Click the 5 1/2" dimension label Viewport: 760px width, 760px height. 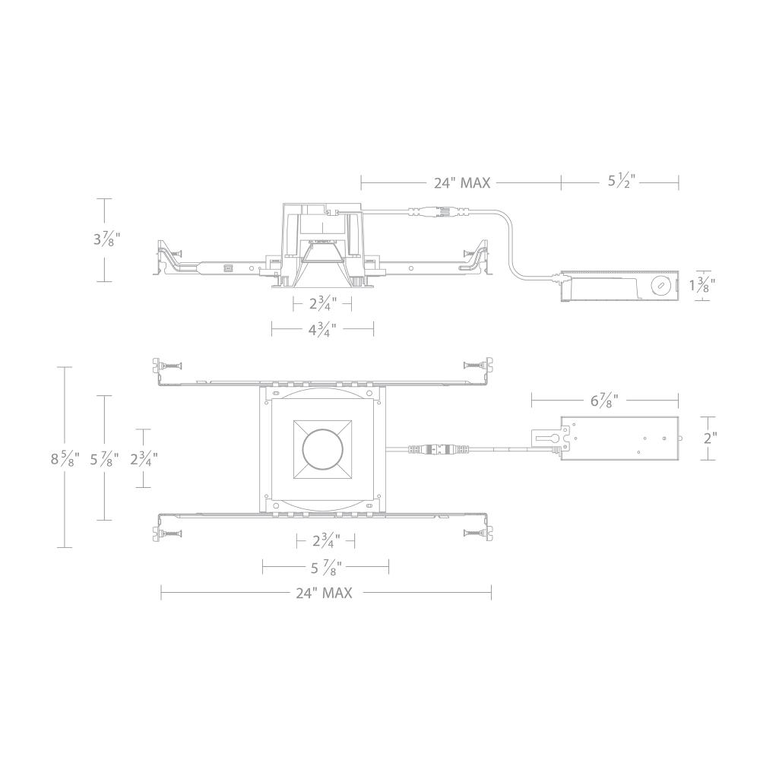coord(621,182)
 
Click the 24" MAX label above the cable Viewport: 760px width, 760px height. coord(462,183)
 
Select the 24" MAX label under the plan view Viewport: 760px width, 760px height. coord(325,594)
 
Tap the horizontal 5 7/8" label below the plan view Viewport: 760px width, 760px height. coord(326,566)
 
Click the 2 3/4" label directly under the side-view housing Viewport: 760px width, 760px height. coord(322,305)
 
